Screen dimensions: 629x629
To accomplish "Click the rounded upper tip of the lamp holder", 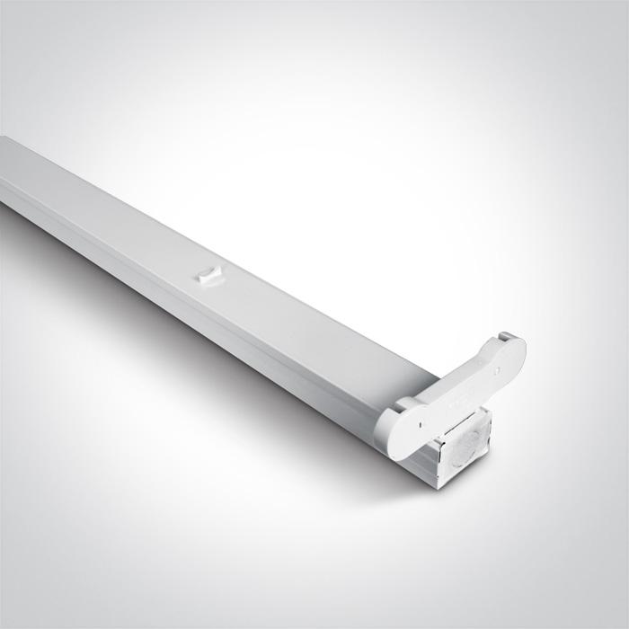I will pos(518,341).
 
